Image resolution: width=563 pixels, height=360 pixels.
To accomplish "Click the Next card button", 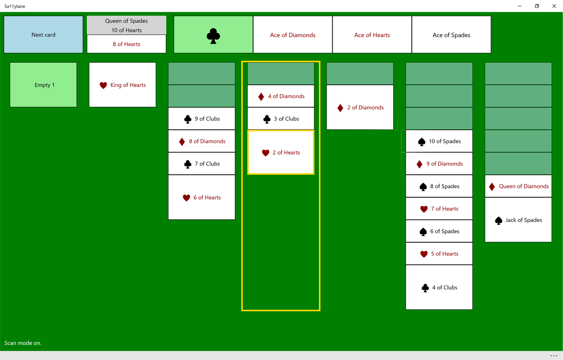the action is point(43,35).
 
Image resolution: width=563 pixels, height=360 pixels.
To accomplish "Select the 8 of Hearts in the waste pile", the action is point(126,44).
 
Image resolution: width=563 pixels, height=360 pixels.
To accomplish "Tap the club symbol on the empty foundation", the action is point(213,36).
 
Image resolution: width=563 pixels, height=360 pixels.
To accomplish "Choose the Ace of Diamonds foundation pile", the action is point(293,35).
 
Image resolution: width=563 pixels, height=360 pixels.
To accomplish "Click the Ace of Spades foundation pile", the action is point(451,35).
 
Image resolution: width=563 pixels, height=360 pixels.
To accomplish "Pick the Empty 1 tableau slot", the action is point(43,85).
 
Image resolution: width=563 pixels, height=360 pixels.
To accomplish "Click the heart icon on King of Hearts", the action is point(103,85).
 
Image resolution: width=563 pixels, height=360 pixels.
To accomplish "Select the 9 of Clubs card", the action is point(201,119).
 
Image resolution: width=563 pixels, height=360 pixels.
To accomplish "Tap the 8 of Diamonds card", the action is point(201,141).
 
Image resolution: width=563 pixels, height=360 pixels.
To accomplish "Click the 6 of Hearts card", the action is point(201,197).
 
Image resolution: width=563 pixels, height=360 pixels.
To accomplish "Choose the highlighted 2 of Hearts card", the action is point(281,152).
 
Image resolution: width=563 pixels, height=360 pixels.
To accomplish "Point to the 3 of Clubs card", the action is point(281,119).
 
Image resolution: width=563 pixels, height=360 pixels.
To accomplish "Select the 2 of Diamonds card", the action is point(360,107).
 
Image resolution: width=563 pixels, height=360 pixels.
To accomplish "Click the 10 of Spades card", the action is point(439,141).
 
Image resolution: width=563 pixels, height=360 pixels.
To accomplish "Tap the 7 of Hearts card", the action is point(439,208).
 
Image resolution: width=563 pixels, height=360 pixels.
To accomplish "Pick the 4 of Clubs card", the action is point(439,288).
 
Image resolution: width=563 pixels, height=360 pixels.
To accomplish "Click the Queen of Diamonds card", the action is point(518,186).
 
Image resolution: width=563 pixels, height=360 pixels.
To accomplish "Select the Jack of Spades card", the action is point(518,220).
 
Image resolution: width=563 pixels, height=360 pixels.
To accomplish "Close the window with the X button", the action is point(554,6).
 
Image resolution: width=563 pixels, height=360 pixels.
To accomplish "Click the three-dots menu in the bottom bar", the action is point(554,356).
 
